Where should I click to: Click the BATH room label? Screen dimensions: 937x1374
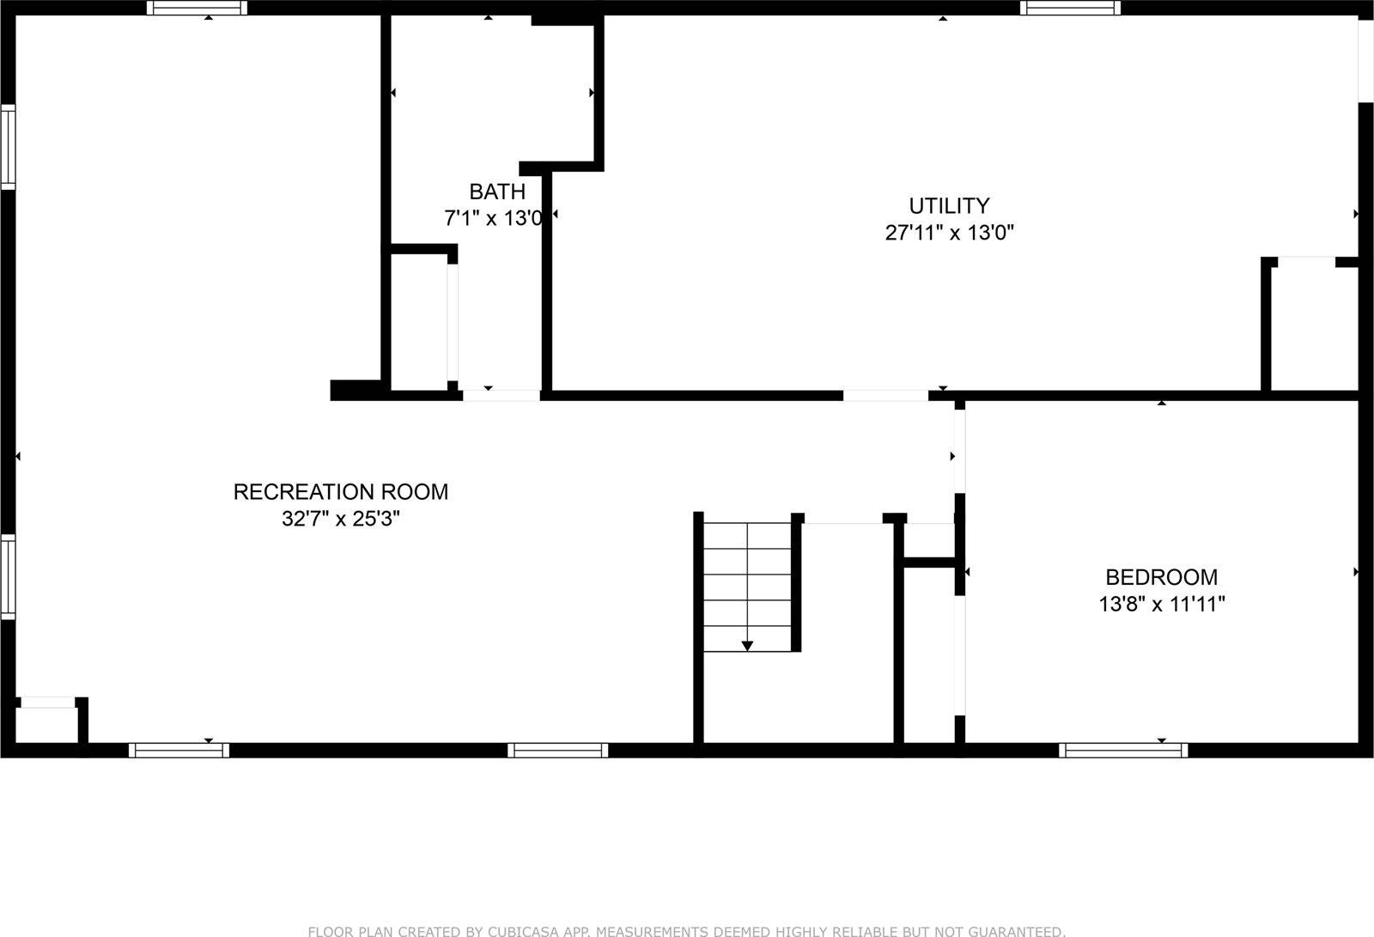[x=497, y=191]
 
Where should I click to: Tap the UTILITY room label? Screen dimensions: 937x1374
[x=949, y=205]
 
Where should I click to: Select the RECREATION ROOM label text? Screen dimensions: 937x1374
[x=341, y=491]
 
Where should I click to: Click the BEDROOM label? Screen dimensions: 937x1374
[x=1161, y=577]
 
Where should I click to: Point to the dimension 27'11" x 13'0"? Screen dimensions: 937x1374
[x=949, y=232]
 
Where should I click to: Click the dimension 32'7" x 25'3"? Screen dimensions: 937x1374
[x=341, y=519]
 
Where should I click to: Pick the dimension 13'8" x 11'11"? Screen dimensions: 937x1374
[x=1161, y=604]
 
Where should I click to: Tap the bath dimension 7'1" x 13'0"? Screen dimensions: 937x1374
[x=493, y=218]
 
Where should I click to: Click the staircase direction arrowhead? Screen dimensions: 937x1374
[x=747, y=645]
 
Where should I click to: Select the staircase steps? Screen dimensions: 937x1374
[x=747, y=584]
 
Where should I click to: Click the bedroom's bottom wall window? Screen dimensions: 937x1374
[x=1123, y=750]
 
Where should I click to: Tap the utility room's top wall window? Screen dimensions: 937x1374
[x=1070, y=8]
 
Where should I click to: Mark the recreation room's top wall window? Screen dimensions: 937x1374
[x=197, y=8]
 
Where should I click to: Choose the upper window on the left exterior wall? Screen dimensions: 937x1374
[x=8, y=146]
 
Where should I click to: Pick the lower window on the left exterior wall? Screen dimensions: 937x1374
[x=8, y=575]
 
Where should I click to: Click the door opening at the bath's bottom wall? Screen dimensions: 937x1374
[x=502, y=395]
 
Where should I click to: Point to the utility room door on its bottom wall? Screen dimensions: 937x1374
[x=885, y=395]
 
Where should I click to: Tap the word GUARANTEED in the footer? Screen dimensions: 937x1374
[x=1016, y=931]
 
